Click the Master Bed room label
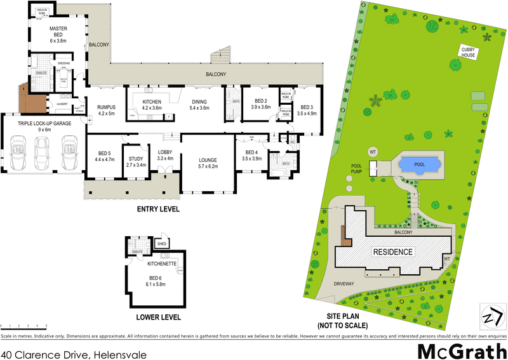tap(58, 34)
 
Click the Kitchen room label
tap(152, 105)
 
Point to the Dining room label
tap(199, 105)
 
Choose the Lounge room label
tap(208, 163)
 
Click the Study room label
tap(137, 161)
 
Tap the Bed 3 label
tap(307, 110)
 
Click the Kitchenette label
tap(160, 263)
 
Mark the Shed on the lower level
tap(162, 242)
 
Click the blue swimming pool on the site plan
tap(420, 164)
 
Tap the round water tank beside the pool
tap(373, 152)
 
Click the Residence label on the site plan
tap(393, 252)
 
